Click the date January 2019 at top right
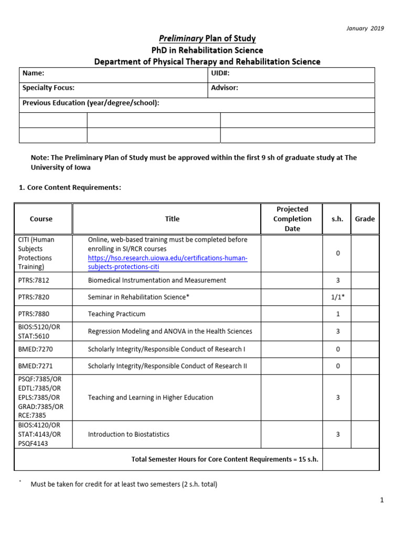[365, 28]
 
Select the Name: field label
[33, 74]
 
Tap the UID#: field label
[220, 74]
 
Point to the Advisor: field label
[225, 88]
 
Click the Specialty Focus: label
[48, 88]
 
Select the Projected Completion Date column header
[292, 219]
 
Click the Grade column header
[365, 219]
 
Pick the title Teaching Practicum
[116, 314]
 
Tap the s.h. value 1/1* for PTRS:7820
[337, 297]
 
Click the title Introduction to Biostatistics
[129, 434]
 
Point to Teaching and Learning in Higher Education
[151, 398]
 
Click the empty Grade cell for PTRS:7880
[365, 314]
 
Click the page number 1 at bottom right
[383, 500]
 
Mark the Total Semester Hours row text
[225, 459]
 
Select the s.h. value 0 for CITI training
[337, 253]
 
